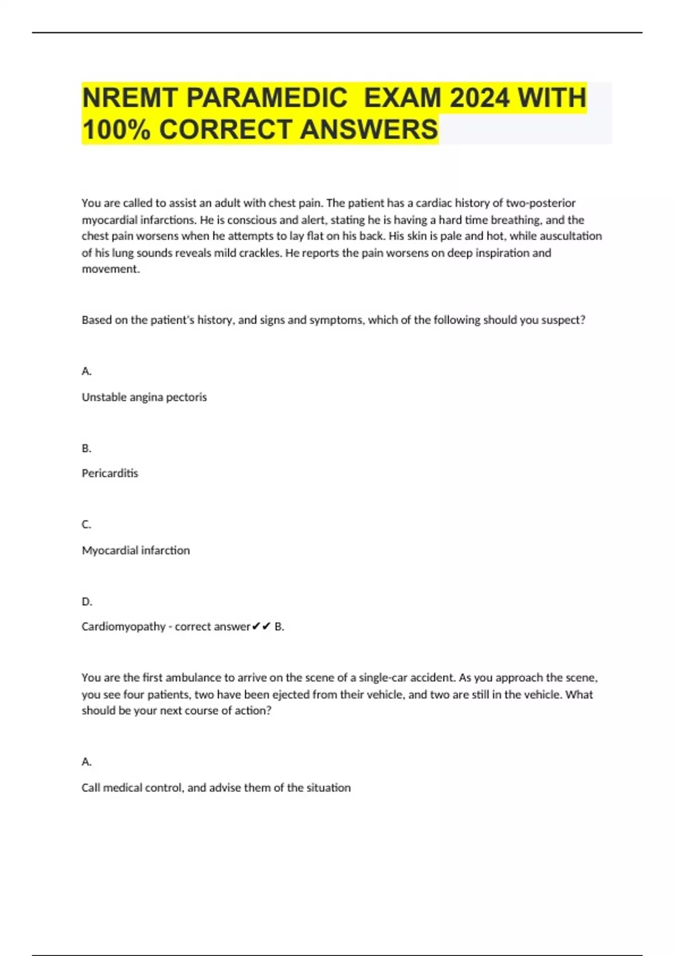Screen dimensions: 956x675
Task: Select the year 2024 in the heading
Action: (x=479, y=98)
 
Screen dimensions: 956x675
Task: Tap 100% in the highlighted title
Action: (x=116, y=129)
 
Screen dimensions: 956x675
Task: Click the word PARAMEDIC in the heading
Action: (x=267, y=98)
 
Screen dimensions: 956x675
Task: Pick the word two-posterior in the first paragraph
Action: (x=541, y=203)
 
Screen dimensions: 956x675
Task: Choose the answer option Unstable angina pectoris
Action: (x=144, y=397)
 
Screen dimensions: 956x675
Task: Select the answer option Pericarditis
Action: (x=110, y=474)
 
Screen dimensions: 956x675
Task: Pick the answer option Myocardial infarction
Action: (x=136, y=550)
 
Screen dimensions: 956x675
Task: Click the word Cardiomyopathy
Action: (x=124, y=626)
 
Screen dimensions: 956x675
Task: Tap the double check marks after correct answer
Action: (x=262, y=626)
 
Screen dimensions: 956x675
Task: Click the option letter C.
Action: (x=86, y=525)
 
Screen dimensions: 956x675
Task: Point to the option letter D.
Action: (x=86, y=602)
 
